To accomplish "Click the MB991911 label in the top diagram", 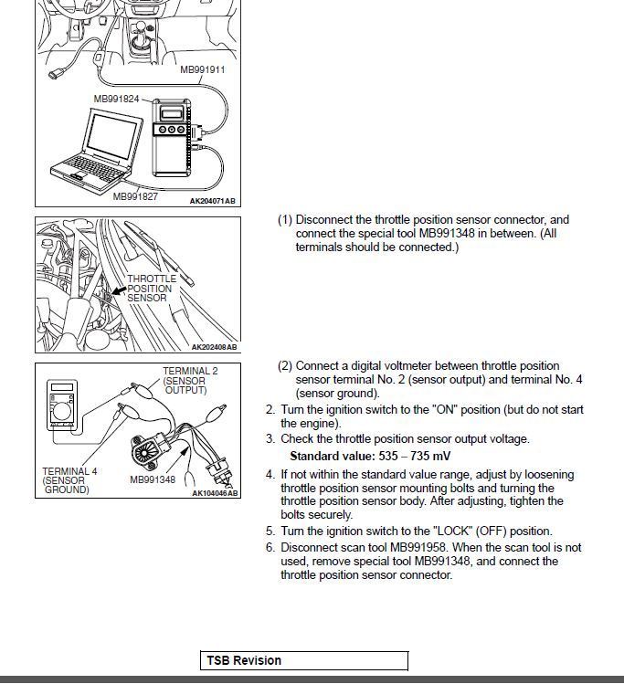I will [x=202, y=69].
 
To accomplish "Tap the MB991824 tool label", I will [x=116, y=99].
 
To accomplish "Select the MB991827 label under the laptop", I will [x=135, y=195].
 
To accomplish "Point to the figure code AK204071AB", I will [x=212, y=201].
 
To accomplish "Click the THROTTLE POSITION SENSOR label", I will [x=151, y=289].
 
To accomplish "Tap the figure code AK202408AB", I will [x=214, y=347].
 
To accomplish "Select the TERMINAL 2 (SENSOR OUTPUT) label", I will [x=189, y=381].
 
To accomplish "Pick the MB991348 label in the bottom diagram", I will [x=152, y=479].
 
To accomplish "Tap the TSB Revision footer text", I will [x=244, y=660].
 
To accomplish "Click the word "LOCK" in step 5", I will [x=456, y=531].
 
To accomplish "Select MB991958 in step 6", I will [x=412, y=548].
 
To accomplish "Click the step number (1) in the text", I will [x=285, y=220].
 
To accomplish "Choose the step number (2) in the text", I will [x=285, y=366].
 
